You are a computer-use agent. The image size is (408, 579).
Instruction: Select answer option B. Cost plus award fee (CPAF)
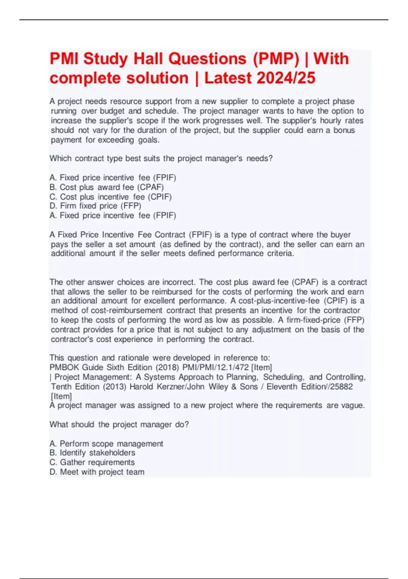click(107, 187)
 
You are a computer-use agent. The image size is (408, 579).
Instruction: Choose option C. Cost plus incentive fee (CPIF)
click(111, 197)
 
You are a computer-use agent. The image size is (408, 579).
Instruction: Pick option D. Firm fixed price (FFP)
click(96, 206)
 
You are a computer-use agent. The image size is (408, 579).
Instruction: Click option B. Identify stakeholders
click(92, 453)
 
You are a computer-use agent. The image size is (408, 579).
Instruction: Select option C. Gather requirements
click(92, 462)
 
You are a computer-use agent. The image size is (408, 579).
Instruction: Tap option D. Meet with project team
click(97, 472)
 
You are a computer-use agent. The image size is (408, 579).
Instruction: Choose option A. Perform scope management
click(106, 443)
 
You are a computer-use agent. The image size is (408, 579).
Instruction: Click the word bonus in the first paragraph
click(344, 130)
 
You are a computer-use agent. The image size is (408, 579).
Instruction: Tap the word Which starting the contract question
click(61, 158)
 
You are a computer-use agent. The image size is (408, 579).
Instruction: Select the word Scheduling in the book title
click(284, 377)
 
